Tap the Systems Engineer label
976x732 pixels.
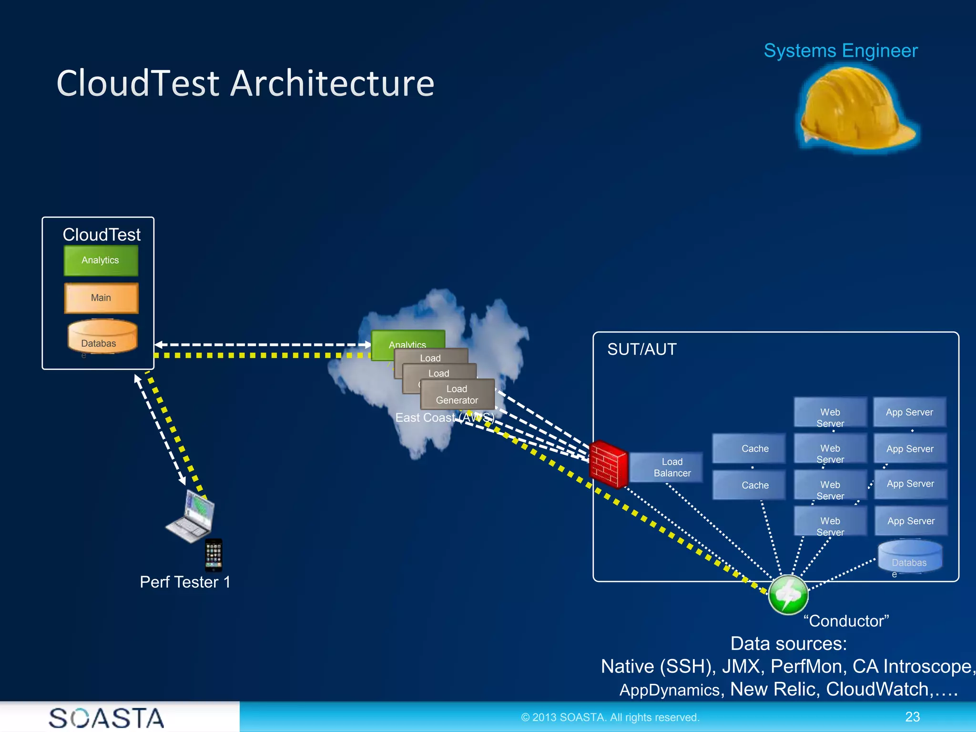(x=840, y=51)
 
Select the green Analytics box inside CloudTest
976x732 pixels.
(x=101, y=260)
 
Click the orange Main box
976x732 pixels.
(x=101, y=298)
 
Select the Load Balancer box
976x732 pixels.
(x=671, y=468)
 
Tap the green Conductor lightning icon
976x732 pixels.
(x=788, y=594)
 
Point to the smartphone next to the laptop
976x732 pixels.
(x=213, y=555)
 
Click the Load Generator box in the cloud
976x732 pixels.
(x=457, y=395)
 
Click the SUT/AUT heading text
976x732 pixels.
(x=641, y=349)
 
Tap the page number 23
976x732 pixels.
(x=912, y=717)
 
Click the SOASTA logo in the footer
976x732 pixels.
(x=106, y=718)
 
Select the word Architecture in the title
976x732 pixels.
(x=332, y=83)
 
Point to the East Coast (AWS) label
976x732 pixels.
(x=444, y=417)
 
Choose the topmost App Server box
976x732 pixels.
(x=909, y=412)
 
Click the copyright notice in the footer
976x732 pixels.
(x=610, y=717)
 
